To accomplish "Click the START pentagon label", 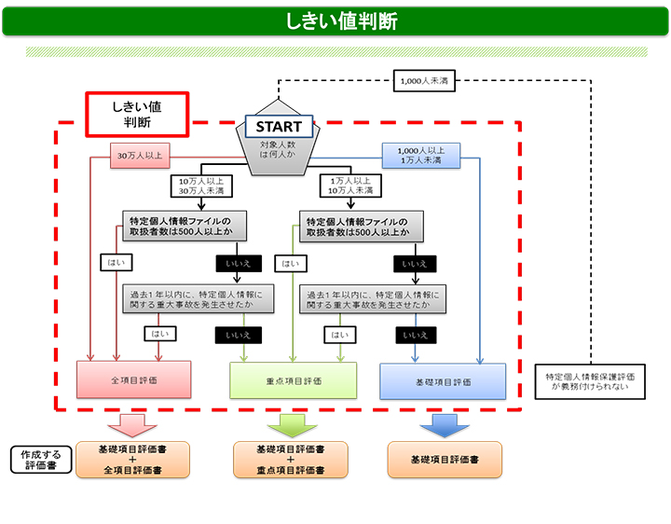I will tap(279, 127).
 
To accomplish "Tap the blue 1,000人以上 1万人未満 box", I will tap(420, 155).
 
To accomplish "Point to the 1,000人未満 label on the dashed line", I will tap(423, 81).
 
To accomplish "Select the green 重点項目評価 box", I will tap(294, 381).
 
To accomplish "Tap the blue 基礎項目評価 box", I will tap(443, 381).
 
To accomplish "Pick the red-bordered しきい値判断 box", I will tap(137, 114).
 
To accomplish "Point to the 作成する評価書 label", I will tap(41, 460).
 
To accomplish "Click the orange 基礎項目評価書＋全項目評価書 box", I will tap(133, 460).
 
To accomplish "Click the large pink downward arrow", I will tap(134, 424).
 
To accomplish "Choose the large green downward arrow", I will tap(292, 424).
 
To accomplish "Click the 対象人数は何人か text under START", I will tap(278, 150).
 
